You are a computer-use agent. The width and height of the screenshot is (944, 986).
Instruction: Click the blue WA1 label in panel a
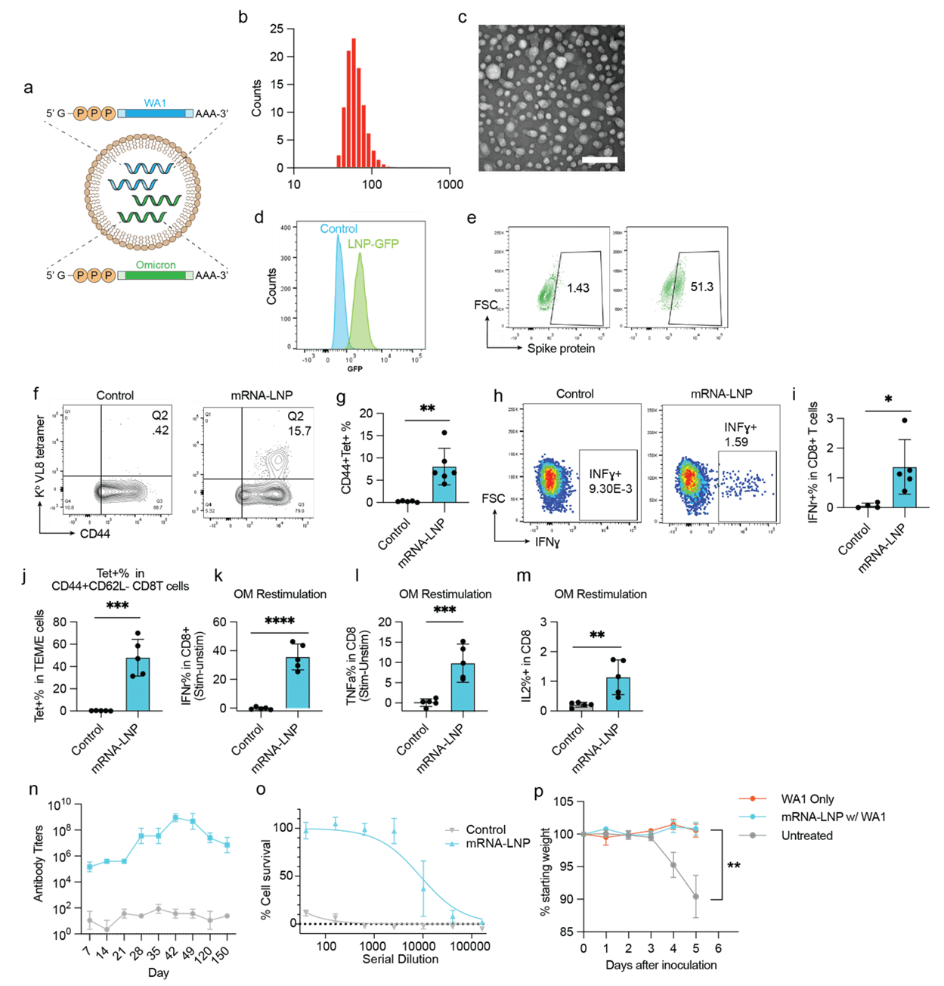click(156, 103)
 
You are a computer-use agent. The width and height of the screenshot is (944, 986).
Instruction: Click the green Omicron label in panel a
click(156, 265)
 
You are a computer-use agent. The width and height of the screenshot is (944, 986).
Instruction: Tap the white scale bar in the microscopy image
click(600, 160)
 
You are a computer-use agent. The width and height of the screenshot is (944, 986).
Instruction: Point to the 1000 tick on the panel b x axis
click(450, 184)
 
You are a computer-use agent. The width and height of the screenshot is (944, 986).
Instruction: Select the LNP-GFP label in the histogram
click(373, 244)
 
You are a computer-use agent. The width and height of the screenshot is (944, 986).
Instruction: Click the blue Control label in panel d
click(339, 229)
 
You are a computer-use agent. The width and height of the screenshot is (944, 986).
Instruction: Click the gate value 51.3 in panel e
click(702, 287)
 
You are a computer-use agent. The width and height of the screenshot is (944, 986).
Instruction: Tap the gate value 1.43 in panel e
click(578, 288)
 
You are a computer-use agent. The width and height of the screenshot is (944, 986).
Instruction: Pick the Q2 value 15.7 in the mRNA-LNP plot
click(299, 431)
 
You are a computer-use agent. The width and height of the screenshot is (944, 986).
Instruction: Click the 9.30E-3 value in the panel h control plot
click(610, 488)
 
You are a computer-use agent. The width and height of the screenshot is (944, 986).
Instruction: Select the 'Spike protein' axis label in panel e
click(561, 349)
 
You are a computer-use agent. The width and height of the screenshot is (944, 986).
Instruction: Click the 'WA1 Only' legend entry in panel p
click(807, 799)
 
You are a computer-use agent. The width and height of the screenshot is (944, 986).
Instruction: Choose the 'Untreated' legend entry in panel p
click(806, 836)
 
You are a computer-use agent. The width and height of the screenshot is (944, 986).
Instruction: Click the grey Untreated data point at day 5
click(695, 897)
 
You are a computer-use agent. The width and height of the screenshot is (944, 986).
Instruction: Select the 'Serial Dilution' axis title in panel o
click(401, 959)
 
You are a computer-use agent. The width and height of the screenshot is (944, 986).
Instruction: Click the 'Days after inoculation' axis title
click(661, 965)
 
